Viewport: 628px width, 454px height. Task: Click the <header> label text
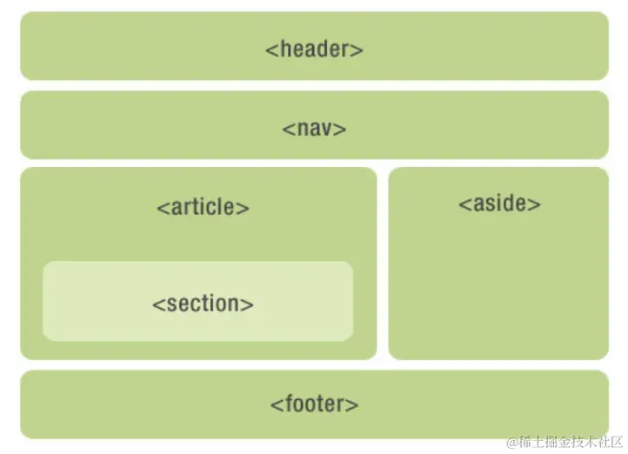pyautogui.click(x=314, y=49)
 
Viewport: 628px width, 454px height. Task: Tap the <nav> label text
pyautogui.click(x=314, y=129)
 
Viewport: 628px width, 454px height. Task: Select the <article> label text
pyautogui.click(x=203, y=208)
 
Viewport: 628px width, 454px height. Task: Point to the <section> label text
pyautogui.click(x=203, y=304)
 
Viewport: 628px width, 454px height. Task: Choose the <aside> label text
pyautogui.click(x=499, y=204)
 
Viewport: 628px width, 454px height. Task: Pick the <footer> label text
pyautogui.click(x=314, y=404)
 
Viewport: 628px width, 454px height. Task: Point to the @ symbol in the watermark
pyautogui.click(x=513, y=441)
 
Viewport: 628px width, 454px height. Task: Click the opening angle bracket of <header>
pyautogui.click(x=271, y=50)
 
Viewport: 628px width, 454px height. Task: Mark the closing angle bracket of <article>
pyautogui.click(x=244, y=209)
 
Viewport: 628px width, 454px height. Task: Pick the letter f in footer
pyautogui.click(x=285, y=404)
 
